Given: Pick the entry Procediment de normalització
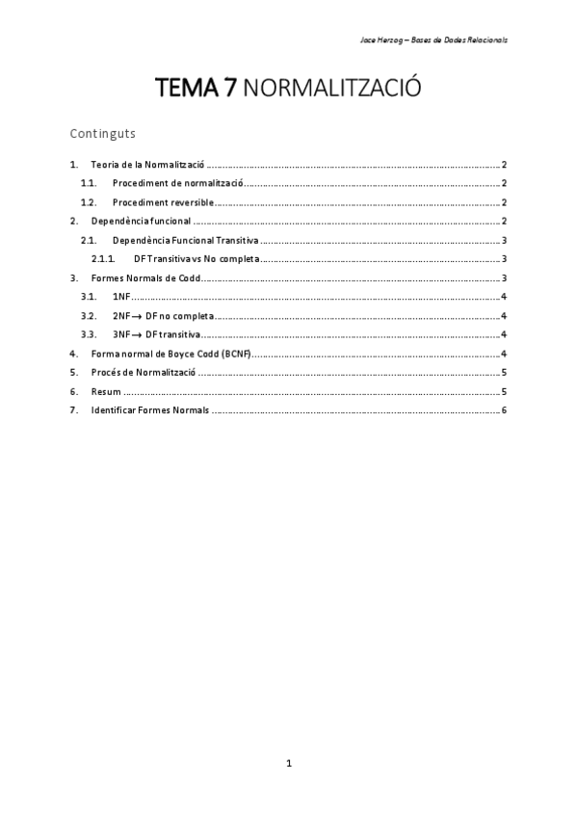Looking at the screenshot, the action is pyautogui.click(x=178, y=183).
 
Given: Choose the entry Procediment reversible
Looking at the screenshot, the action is pyautogui.click(x=162, y=202).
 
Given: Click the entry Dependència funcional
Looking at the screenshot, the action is pyautogui.click(x=141, y=222).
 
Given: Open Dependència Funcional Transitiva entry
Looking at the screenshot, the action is pyautogui.click(x=185, y=240).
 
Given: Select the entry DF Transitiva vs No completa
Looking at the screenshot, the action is pyautogui.click(x=197, y=259).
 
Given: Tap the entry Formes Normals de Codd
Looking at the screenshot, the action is pyautogui.click(x=145, y=278).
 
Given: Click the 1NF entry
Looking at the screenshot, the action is pyautogui.click(x=120, y=297).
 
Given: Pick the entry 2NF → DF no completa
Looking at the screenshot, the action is pyautogui.click(x=163, y=316).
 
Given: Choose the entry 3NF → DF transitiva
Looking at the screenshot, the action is pyautogui.click(x=156, y=334).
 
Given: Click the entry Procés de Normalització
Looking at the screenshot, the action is pyautogui.click(x=143, y=372).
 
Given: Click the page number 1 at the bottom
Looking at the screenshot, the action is pyautogui.click(x=288, y=764).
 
